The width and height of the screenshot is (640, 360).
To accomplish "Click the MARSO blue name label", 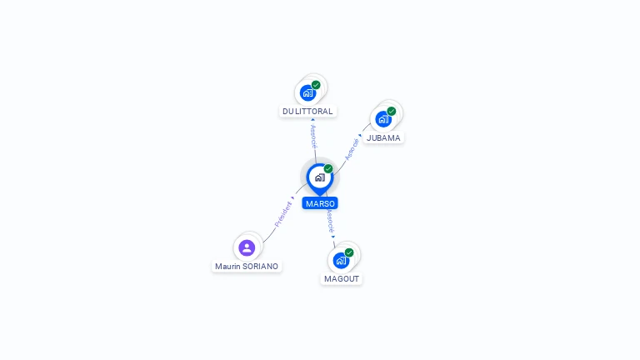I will (x=320, y=203).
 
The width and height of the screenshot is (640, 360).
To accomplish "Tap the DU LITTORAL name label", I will (x=307, y=111).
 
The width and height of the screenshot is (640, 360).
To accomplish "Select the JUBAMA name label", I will (x=383, y=137).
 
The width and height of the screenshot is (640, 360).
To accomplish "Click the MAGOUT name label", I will (x=342, y=278).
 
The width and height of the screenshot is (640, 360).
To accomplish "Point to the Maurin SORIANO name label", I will (x=247, y=267).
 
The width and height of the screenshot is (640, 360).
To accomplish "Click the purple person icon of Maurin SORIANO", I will (x=247, y=247).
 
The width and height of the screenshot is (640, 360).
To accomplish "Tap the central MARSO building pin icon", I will (x=319, y=177).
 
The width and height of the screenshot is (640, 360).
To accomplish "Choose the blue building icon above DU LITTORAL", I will (x=307, y=92).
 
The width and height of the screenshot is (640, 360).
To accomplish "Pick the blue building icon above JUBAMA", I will (x=383, y=118).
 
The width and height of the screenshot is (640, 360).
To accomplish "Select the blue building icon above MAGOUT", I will (x=340, y=260).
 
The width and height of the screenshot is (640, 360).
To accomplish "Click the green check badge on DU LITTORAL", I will (x=317, y=84).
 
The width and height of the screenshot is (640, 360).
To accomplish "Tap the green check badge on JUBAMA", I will (x=392, y=111).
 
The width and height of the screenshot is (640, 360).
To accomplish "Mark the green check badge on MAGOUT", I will (x=349, y=252).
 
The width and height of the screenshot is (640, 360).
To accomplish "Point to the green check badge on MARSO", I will (x=328, y=169).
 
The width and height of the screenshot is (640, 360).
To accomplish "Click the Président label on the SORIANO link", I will (x=283, y=214).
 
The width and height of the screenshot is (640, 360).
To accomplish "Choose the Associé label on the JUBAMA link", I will (x=352, y=148).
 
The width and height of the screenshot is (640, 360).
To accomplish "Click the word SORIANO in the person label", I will (x=260, y=267).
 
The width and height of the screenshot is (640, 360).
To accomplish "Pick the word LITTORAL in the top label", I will (x=314, y=111).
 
